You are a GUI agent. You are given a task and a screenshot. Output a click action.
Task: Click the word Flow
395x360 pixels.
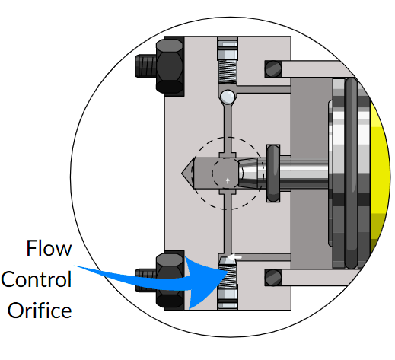pyautogui.click(x=49, y=248)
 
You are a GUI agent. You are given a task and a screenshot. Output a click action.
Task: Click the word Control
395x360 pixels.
pyautogui.click(x=37, y=279)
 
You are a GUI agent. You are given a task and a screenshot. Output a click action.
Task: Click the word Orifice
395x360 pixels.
pyautogui.click(x=40, y=310)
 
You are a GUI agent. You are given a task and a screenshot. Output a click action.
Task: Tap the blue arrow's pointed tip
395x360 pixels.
pyautogui.click(x=228, y=272)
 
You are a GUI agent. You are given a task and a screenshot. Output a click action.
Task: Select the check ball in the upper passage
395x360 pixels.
pyautogui.click(x=228, y=97)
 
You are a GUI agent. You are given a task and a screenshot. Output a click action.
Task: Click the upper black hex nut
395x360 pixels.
pyautogui.click(x=170, y=66)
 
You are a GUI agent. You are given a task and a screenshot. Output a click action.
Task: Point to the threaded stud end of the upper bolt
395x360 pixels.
pyautogui.click(x=145, y=66)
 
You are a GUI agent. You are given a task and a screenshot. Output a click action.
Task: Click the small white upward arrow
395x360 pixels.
pyautogui.click(x=228, y=181)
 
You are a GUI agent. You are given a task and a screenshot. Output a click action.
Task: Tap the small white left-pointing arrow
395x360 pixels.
pyautogui.click(x=234, y=257)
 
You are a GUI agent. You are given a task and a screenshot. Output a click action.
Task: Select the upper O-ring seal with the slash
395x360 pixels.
pyautogui.click(x=273, y=68)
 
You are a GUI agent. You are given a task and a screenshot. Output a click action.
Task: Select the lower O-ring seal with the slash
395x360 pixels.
pyautogui.click(x=273, y=278)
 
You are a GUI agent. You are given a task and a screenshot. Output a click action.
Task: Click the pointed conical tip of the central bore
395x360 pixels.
pyautogui.click(x=183, y=173)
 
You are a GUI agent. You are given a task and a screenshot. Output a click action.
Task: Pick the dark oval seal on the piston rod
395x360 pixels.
pyautogui.click(x=273, y=174)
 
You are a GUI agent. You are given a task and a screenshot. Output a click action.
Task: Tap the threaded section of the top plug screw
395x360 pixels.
pyautogui.click(x=228, y=72)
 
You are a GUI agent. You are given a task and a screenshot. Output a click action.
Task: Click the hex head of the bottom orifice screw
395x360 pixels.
pyautogui.click(x=228, y=299)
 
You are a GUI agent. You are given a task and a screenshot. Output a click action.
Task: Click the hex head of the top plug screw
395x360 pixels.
pyautogui.click(x=228, y=49)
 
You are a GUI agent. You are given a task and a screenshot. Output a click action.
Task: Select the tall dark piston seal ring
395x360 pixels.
pyautogui.click(x=352, y=174)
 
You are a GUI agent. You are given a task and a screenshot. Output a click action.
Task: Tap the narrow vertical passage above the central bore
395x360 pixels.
pyautogui.click(x=228, y=128)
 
